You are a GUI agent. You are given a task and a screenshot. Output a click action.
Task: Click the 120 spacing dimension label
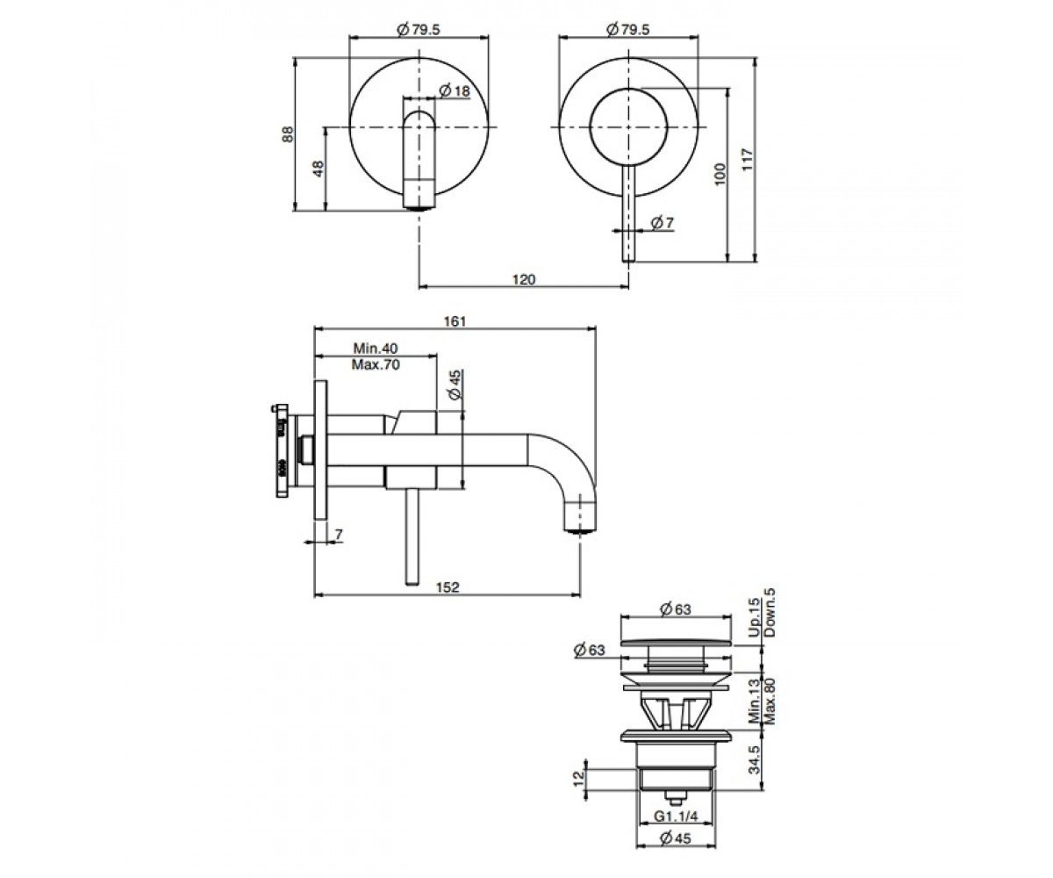(524, 279)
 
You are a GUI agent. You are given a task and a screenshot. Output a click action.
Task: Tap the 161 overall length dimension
(455, 321)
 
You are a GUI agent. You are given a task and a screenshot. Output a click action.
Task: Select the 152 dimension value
(448, 587)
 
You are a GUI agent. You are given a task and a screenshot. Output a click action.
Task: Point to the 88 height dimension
(287, 134)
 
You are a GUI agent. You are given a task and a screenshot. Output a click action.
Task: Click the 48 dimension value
(318, 169)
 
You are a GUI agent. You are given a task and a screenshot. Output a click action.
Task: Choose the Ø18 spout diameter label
(455, 90)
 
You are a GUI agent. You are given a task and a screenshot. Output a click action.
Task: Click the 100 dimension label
(720, 175)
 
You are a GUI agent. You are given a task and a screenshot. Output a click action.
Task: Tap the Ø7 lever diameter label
(663, 222)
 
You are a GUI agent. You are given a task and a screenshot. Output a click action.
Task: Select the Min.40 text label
(376, 349)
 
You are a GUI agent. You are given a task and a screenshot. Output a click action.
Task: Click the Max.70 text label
(376, 364)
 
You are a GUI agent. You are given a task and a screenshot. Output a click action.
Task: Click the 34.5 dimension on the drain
(754, 759)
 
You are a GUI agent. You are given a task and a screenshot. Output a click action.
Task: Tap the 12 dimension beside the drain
(578, 779)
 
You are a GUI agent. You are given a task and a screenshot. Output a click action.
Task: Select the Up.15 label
(754, 617)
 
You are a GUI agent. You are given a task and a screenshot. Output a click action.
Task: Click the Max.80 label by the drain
(770, 702)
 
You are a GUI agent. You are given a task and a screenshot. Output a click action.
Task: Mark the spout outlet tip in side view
(579, 529)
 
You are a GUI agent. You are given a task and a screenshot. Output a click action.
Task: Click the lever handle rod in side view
(412, 536)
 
